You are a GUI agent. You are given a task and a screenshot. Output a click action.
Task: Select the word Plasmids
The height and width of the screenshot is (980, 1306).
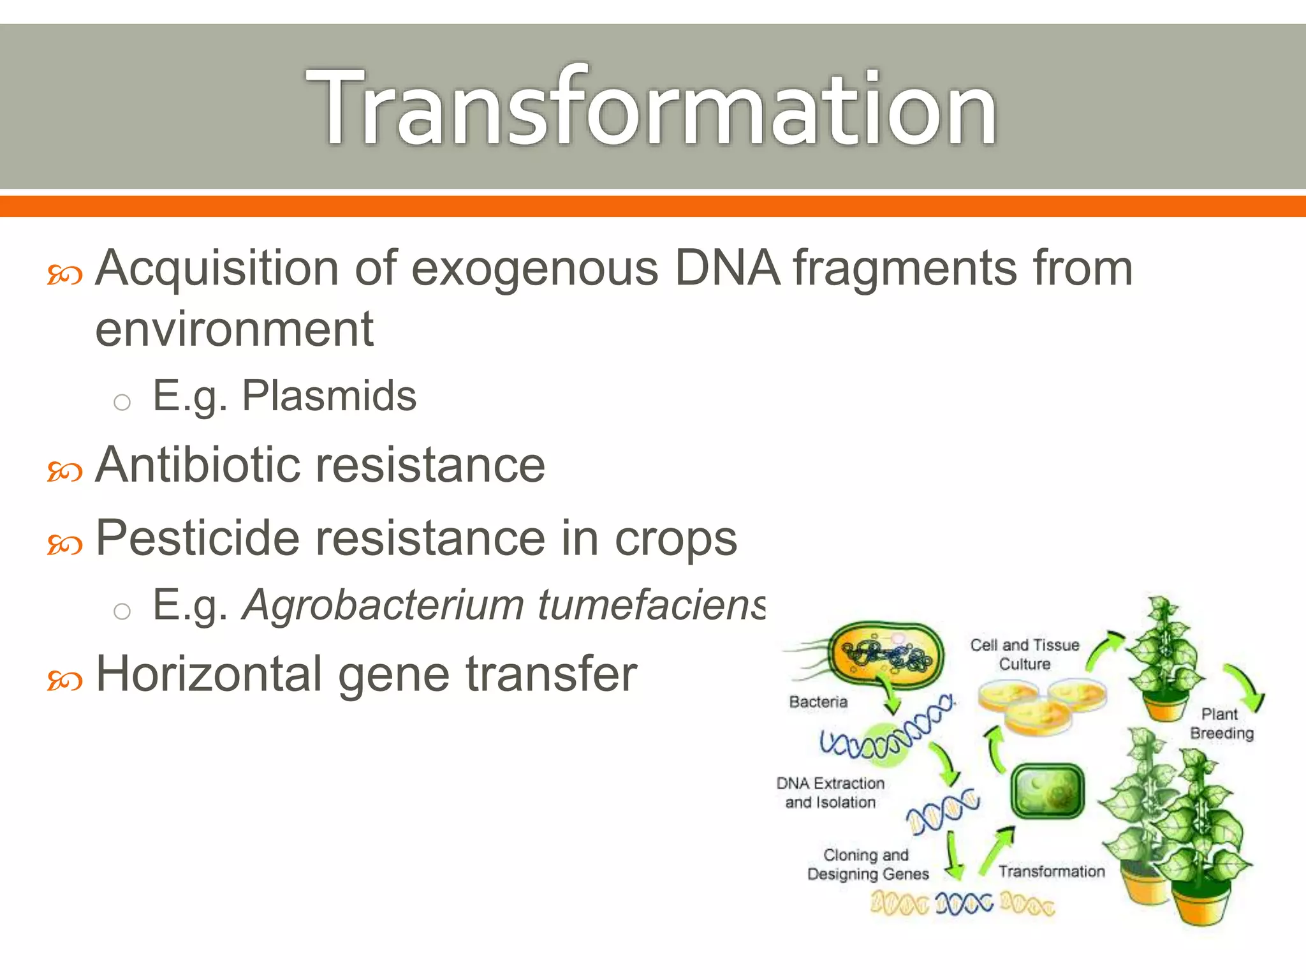click(329, 396)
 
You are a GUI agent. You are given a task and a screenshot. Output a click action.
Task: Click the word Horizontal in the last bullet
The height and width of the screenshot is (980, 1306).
click(209, 674)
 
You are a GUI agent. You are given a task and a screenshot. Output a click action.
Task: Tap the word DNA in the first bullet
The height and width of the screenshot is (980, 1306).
click(727, 268)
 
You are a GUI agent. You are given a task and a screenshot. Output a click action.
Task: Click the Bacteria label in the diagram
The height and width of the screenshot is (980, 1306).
click(818, 702)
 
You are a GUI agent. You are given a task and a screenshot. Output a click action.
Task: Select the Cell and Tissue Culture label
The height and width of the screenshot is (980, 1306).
click(1025, 655)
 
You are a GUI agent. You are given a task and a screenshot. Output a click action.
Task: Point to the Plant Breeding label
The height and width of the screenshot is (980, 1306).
click(1221, 724)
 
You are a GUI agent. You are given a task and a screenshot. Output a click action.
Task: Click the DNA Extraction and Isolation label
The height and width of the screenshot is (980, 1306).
click(830, 792)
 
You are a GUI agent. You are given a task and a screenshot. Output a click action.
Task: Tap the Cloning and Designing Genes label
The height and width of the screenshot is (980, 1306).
click(867, 865)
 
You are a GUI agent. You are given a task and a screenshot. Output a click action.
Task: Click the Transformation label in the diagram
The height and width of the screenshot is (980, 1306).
click(1052, 872)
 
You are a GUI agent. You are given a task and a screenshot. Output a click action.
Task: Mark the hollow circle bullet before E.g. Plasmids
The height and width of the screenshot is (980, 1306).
click(122, 403)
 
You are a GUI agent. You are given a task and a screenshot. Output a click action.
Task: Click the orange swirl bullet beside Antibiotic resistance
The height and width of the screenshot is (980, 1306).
click(65, 471)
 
